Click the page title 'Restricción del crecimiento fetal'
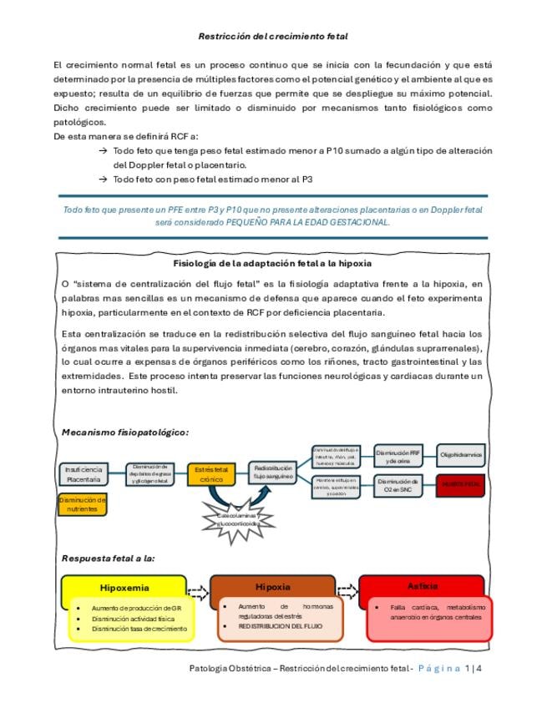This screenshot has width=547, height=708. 273,37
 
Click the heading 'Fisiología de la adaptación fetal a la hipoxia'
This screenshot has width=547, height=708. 272,263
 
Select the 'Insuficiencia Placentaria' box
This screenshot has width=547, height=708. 84,474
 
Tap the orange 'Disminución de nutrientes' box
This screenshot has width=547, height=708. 83,503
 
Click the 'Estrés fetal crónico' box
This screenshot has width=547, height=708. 212,475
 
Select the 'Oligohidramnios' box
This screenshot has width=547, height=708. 461,455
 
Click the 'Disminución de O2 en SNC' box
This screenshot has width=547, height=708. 397,486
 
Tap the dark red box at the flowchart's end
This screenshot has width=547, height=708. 460,484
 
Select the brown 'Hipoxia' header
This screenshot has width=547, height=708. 272,586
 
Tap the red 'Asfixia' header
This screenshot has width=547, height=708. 421,585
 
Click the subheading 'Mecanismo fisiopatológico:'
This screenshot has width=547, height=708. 125,432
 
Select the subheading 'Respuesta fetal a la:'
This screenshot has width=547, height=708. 109,557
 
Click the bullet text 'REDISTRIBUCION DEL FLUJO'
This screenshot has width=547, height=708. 280,625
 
